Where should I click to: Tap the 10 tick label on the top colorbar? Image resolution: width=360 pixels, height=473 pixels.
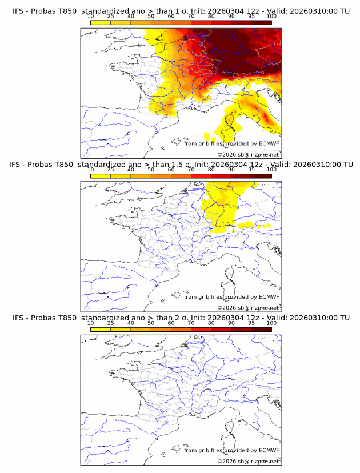[91, 16]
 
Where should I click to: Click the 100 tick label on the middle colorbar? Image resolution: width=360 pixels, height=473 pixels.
[271, 170]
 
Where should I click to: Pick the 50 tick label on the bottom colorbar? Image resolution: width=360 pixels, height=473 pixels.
[151, 323]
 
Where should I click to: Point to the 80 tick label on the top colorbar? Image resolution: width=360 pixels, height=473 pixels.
[211, 16]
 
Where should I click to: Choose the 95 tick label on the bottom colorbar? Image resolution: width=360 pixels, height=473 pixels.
[251, 323]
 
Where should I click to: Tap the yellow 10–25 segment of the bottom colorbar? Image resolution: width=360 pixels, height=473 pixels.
[101, 330]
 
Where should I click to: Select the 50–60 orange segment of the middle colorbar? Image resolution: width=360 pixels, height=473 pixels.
[161, 176]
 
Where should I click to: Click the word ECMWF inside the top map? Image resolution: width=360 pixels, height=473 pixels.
[269, 143]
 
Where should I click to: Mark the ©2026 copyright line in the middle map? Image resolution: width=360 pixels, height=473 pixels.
[249, 308]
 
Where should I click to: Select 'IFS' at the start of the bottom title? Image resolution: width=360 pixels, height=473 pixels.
[18, 318]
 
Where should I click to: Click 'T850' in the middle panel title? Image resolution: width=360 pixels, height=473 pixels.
[64, 164]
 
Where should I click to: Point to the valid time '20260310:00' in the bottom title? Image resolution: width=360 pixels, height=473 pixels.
[316, 318]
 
